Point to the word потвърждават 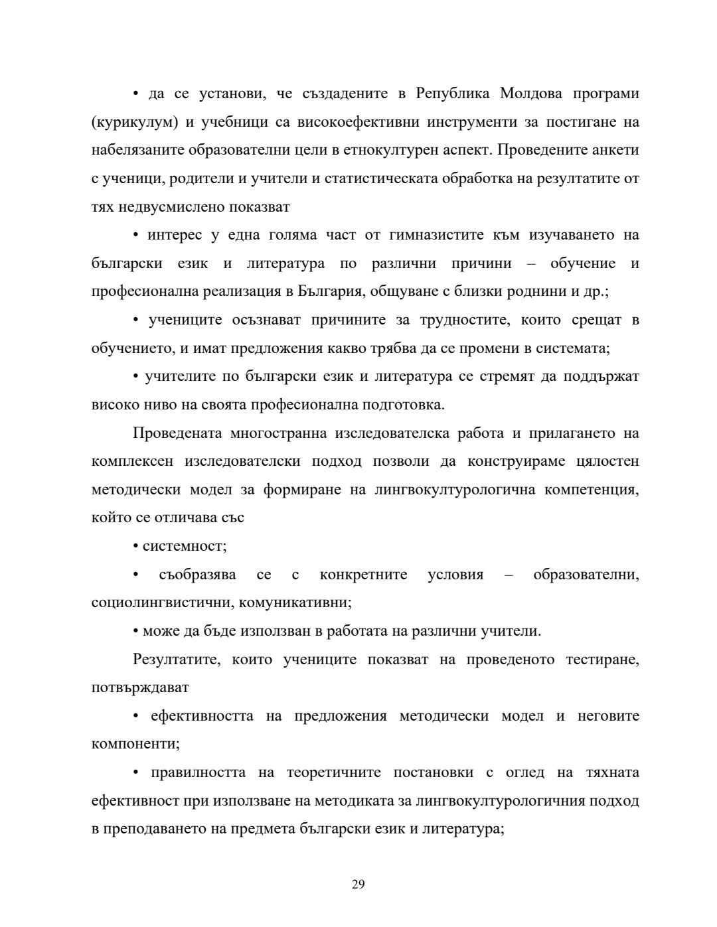point(139,688)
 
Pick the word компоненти point(135,745)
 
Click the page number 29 point(358,884)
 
